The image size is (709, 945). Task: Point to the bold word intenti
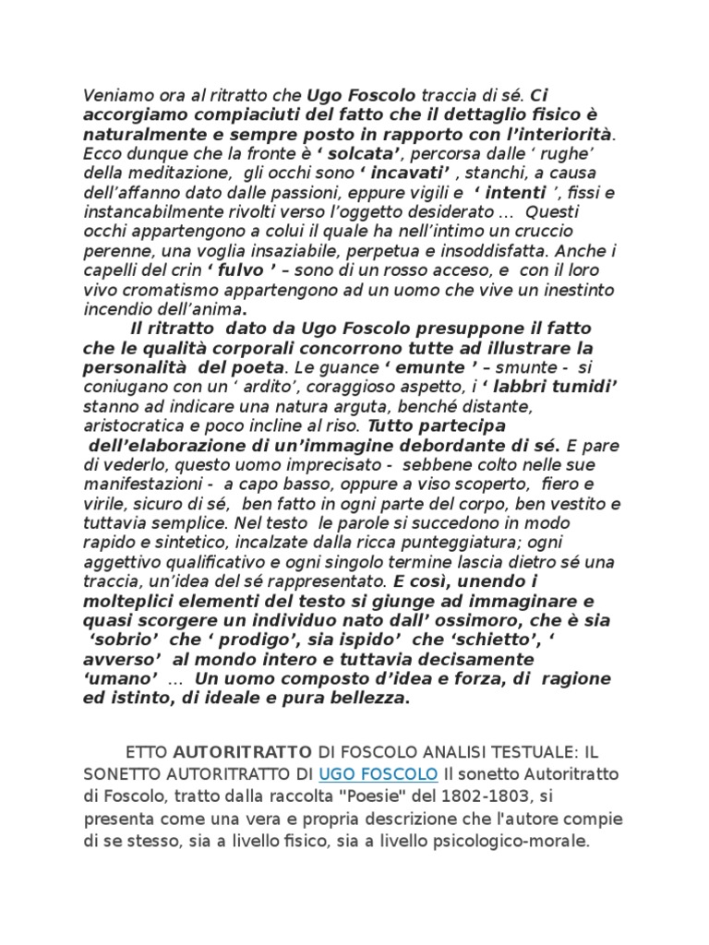[x=522, y=192]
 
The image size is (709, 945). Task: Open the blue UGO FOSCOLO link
[x=379, y=772]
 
